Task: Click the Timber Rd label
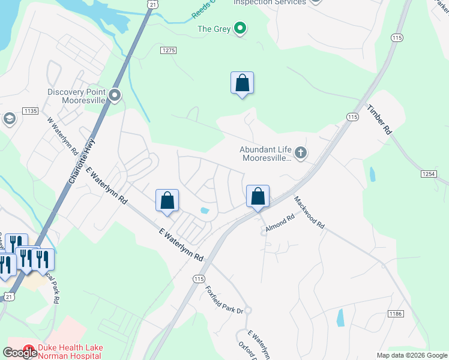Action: tap(380, 120)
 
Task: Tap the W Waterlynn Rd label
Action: tap(63, 137)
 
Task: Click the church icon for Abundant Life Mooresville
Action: tap(301, 154)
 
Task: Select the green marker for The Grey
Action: tap(240, 28)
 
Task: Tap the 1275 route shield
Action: tap(169, 51)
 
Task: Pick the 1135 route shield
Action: tap(30, 111)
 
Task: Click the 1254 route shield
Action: tap(427, 173)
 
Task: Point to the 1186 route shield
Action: tap(395, 314)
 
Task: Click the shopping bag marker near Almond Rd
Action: tap(258, 196)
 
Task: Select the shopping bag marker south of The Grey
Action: tap(242, 83)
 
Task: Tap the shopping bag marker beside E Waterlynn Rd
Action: tap(167, 200)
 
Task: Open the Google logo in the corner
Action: tap(20, 353)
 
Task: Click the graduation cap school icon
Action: tap(9, 119)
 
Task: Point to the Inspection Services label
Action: tap(270, 2)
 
